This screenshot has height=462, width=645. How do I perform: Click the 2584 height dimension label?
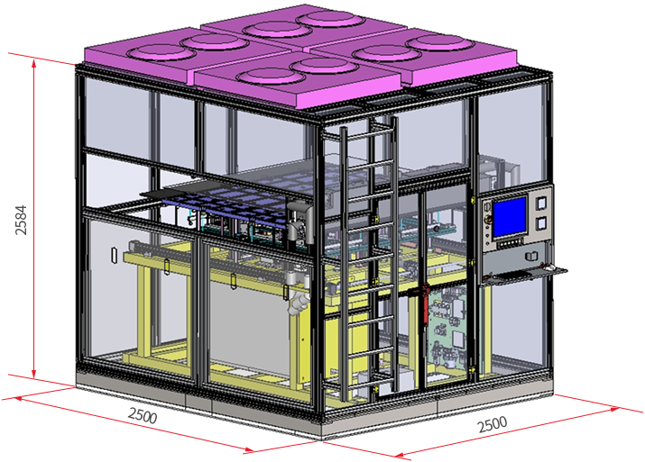[21, 220]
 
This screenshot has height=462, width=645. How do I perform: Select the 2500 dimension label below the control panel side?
[493, 425]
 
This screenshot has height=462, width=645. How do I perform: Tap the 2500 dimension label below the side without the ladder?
[143, 415]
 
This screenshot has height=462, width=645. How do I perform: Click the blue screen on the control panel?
[510, 217]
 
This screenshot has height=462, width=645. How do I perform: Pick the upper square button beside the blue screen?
[542, 203]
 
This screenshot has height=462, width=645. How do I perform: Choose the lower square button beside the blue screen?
[542, 223]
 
